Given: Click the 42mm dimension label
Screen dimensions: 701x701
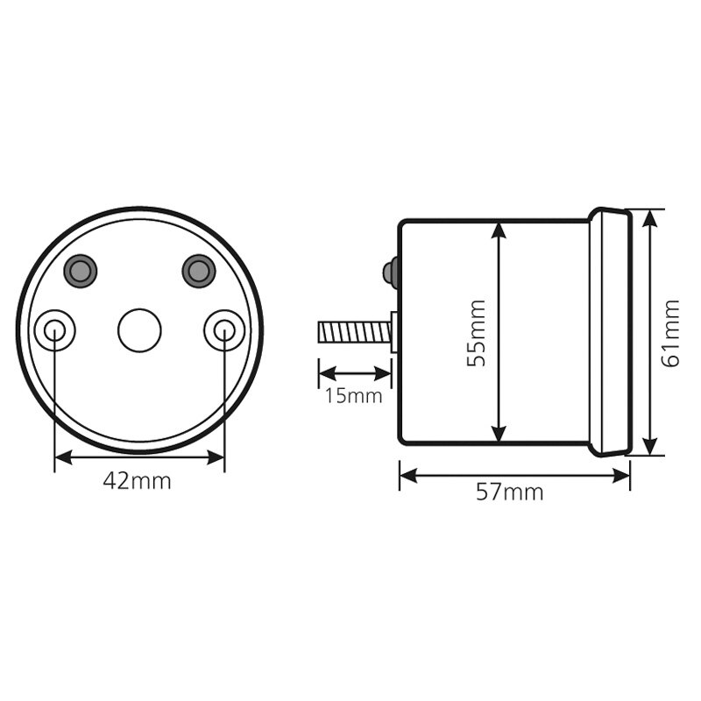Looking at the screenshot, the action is click(x=137, y=481).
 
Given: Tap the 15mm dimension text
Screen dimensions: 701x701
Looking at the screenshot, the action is click(x=353, y=396).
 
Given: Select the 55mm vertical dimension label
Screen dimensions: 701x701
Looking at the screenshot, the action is click(x=476, y=333).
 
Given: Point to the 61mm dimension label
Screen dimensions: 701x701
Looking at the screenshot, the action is click(x=670, y=333).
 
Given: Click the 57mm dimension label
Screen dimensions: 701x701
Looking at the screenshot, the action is click(x=510, y=492).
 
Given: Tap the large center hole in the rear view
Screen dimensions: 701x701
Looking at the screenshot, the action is click(x=139, y=330).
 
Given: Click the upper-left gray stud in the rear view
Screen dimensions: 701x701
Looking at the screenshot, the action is click(x=81, y=271).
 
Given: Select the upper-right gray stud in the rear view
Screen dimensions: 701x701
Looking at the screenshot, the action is click(x=199, y=271).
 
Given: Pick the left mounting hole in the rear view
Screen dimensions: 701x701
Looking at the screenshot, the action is click(x=54, y=330).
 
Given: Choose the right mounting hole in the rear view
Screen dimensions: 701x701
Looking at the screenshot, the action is click(x=224, y=330).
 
